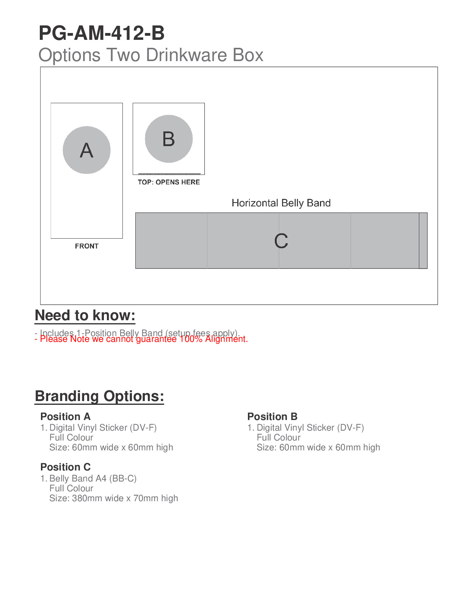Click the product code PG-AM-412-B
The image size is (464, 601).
(x=102, y=33)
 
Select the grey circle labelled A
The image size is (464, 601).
(x=86, y=150)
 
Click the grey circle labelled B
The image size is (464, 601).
(x=169, y=139)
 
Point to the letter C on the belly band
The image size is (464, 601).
(x=281, y=241)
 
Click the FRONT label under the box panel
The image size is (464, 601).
(x=86, y=246)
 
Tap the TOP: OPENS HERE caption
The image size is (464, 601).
(x=169, y=182)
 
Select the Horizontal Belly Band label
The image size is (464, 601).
(x=281, y=203)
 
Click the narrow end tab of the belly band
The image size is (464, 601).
(x=423, y=241)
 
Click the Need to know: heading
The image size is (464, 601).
(x=85, y=316)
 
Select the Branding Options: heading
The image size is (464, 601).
(x=99, y=396)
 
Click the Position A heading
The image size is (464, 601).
(x=65, y=417)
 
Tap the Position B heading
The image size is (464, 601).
(x=272, y=417)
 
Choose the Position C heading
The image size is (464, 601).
(x=65, y=467)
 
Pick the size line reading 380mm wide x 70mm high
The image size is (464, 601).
(x=113, y=498)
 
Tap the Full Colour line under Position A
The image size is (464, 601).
(x=71, y=437)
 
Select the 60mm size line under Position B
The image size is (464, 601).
(x=318, y=447)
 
